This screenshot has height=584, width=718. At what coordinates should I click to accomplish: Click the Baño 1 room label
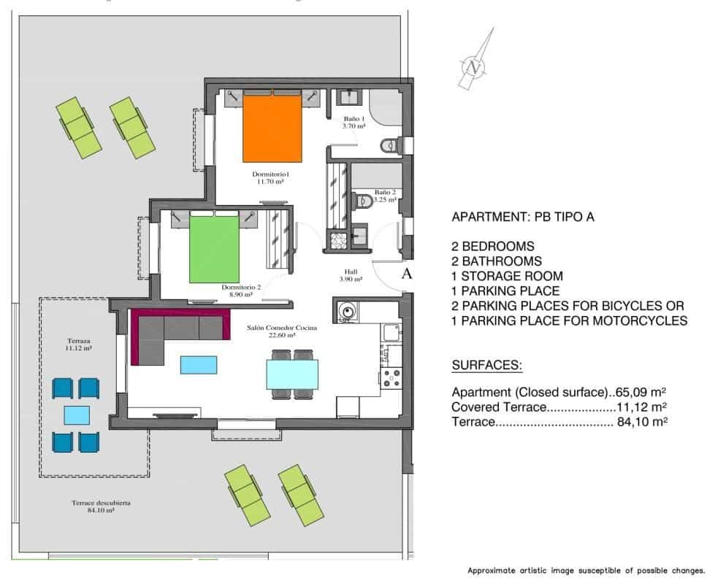coord(354,122)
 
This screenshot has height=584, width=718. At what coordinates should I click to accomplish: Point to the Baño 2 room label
coord(384,195)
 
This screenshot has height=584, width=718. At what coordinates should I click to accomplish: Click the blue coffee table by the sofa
coord(198,364)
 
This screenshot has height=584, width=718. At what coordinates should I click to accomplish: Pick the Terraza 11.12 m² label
coord(77,345)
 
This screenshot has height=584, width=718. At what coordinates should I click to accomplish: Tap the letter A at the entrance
coord(408,274)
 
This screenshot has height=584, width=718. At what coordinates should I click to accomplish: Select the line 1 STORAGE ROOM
coord(507,276)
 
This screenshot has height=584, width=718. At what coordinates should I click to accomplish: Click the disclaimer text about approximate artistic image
coord(586,570)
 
